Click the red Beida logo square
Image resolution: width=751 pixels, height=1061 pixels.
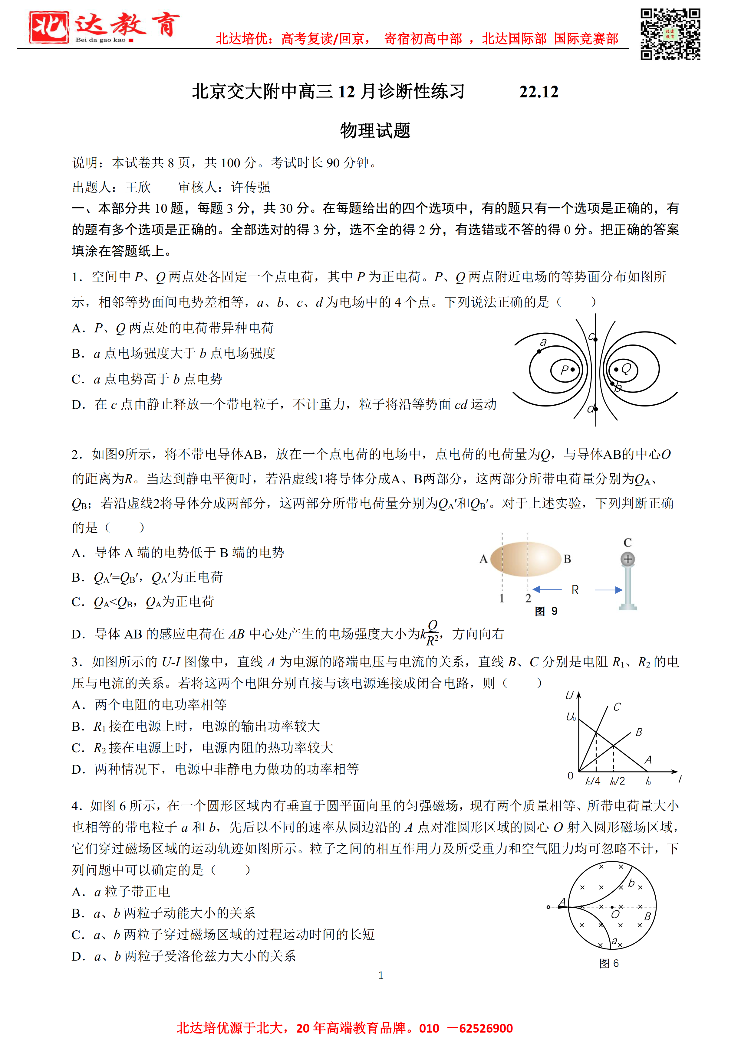[48, 28]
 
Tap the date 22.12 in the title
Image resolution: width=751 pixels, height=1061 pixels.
[539, 92]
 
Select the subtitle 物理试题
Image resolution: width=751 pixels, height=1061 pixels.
[375, 131]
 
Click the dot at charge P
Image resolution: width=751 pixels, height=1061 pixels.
[572, 370]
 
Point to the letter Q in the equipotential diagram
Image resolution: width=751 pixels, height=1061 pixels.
[626, 368]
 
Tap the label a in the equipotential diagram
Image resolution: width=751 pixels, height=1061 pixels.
[543, 342]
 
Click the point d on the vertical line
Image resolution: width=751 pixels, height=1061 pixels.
[596, 409]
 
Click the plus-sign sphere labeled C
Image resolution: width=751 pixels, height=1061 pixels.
[627, 559]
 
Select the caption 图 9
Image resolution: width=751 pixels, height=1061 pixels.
[546, 611]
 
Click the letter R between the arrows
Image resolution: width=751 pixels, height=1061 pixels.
[575, 590]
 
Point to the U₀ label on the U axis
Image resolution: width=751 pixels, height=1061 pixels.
[571, 717]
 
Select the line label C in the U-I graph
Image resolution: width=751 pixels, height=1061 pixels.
[617, 707]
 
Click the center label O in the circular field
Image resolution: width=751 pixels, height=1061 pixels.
[615, 915]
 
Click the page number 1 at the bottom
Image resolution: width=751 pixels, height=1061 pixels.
[380, 975]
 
